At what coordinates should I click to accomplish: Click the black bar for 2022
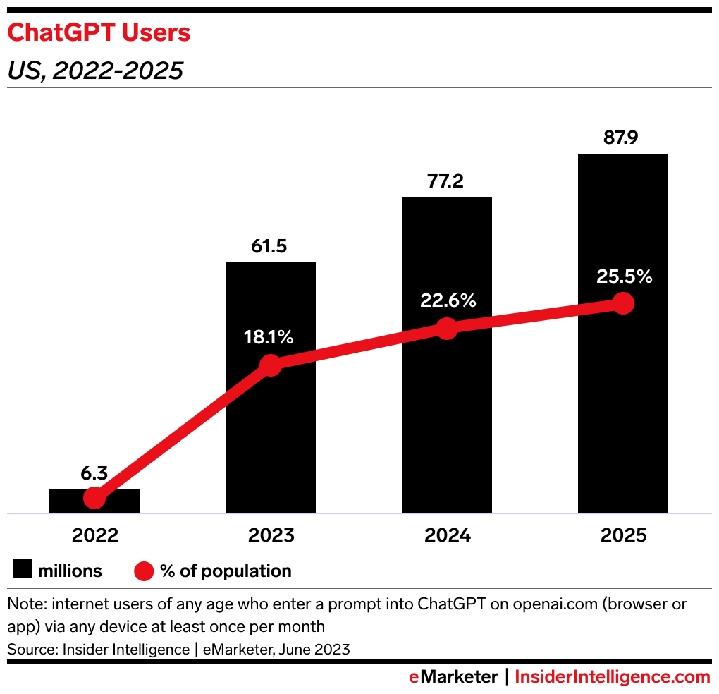point(120,502)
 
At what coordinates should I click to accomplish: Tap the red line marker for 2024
point(447,328)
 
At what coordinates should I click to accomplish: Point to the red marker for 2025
point(622,303)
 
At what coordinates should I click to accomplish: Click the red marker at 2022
point(94,498)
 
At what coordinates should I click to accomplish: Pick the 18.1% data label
point(269,337)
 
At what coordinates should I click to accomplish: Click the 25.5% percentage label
point(624,276)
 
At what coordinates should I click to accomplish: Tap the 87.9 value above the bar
point(621,138)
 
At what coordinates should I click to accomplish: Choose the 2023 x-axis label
point(271,535)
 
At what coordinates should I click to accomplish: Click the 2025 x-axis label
point(623,535)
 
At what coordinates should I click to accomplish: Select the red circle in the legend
point(144,571)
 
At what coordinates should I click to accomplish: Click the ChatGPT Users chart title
point(99,33)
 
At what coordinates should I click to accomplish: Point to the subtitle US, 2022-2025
point(95,71)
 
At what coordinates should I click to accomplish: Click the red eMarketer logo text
point(454,677)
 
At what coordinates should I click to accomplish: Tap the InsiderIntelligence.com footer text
point(612,677)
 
